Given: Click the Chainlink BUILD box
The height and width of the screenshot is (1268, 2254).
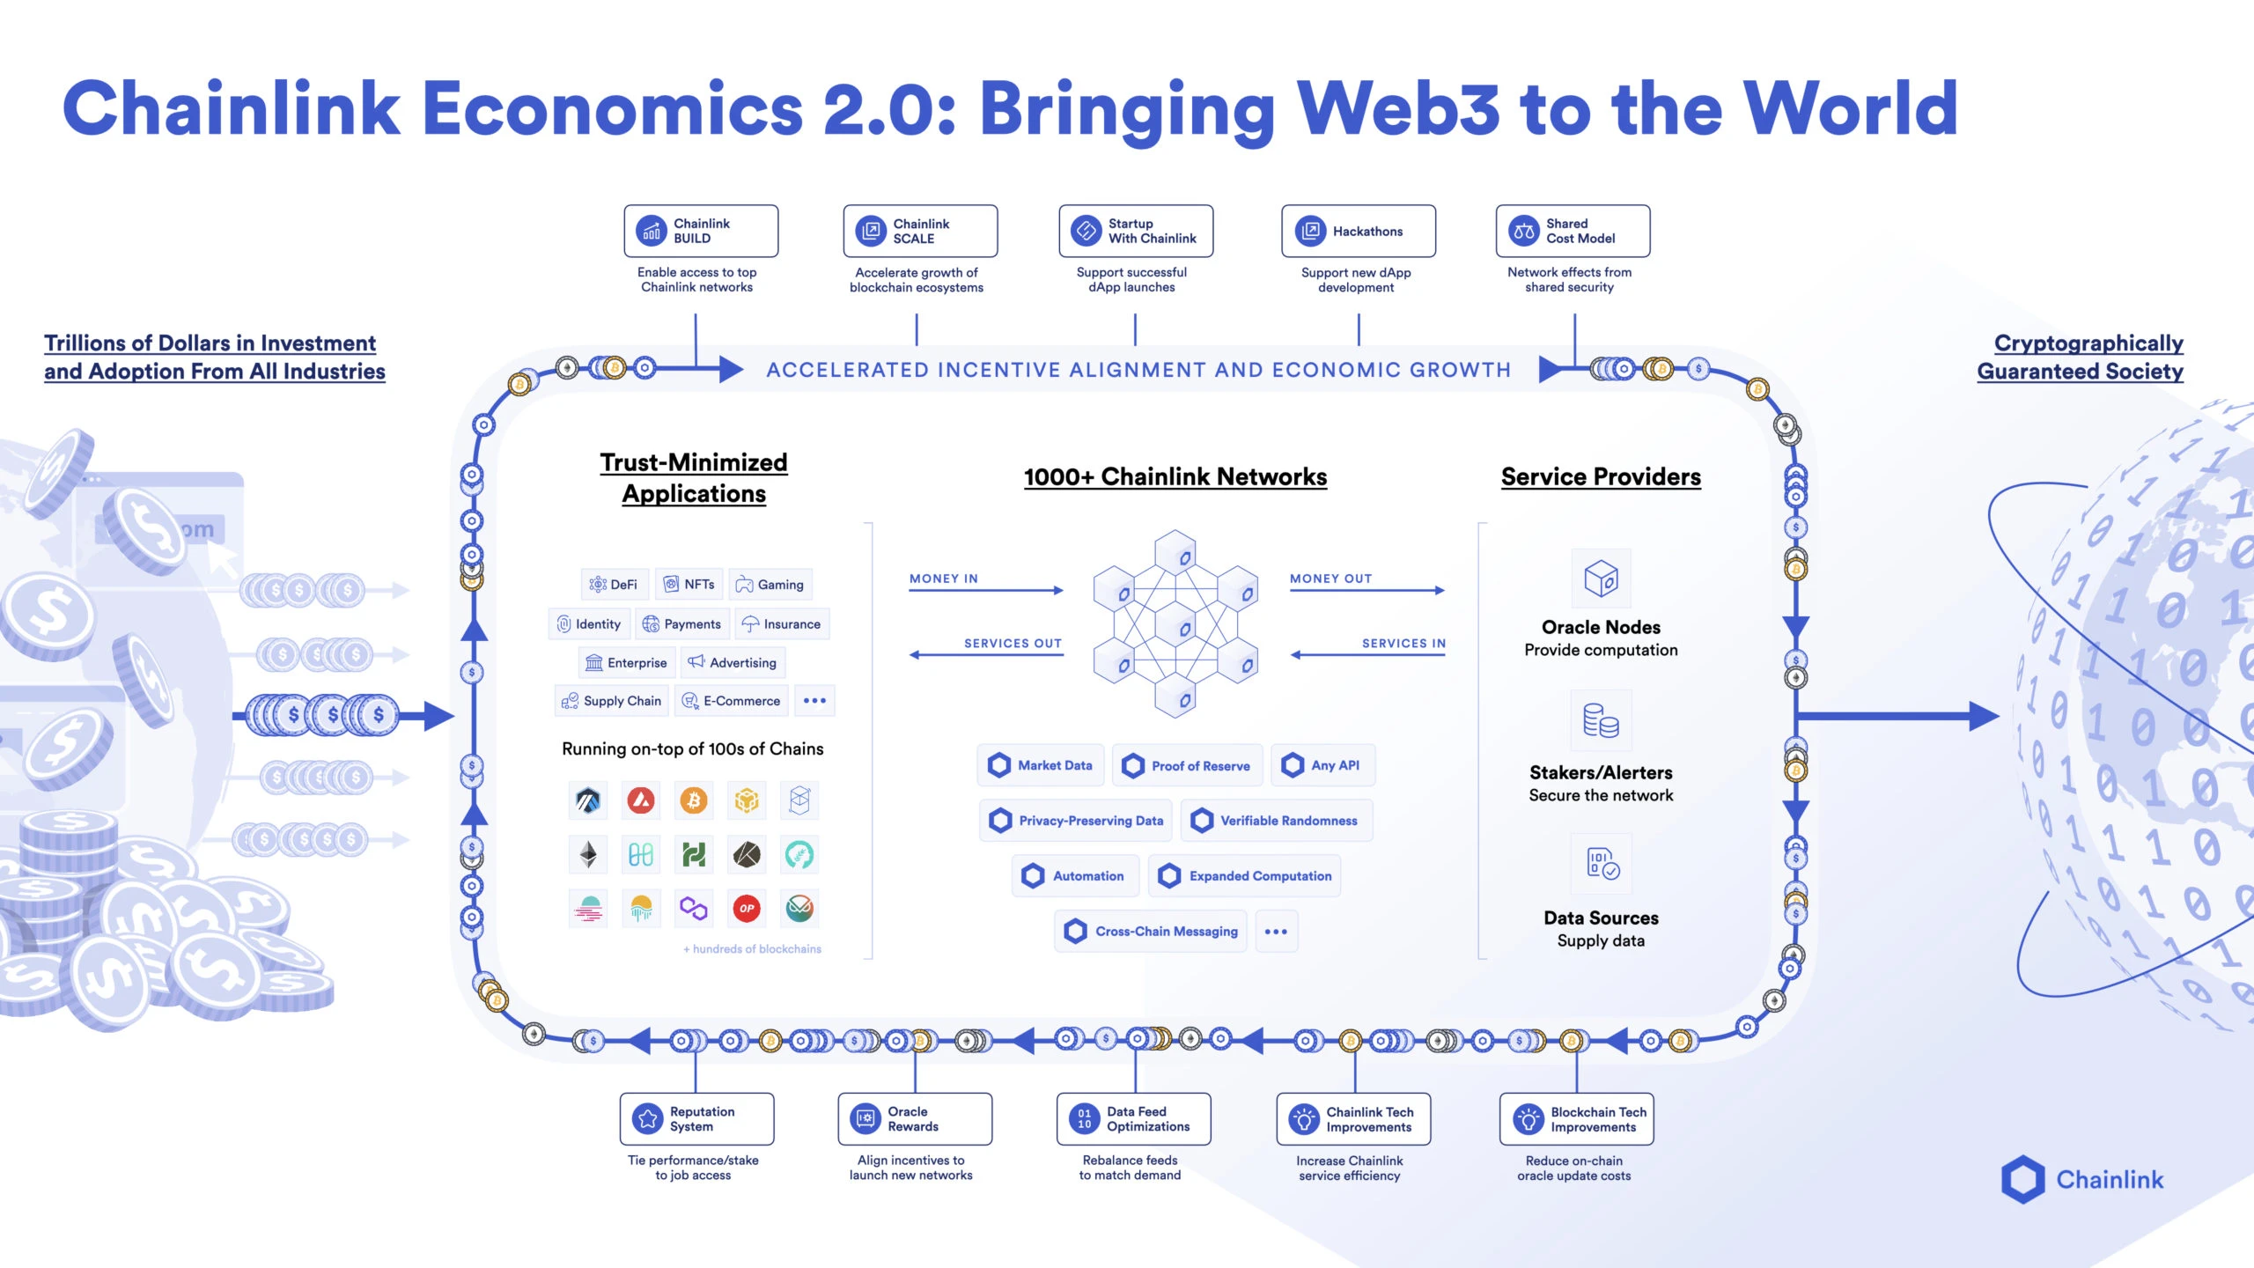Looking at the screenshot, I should coord(701,231).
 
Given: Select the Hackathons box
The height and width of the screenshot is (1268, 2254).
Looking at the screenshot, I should coord(1358,231).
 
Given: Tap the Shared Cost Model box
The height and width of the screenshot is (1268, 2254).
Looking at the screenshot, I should coord(1573,231).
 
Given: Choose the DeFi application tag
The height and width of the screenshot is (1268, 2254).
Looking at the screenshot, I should coord(615,584).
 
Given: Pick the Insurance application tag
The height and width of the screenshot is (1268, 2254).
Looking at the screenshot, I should coord(783,623).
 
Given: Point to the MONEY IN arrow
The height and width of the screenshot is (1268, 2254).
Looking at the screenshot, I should coord(986,590).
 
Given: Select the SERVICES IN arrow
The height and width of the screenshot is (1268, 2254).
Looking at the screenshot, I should coord(1368,654).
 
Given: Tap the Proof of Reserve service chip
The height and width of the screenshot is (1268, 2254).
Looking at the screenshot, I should coord(1187,765).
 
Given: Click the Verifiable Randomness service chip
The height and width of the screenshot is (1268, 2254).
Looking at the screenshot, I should coord(1277,821).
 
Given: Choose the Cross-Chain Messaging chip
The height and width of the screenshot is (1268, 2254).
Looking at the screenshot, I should coord(1151,931).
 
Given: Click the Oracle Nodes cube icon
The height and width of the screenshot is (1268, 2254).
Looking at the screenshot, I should coord(1601,579).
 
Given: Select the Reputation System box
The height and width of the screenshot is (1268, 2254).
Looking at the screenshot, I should coord(696,1118).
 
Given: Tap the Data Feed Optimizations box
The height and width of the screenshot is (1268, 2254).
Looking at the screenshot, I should coord(1133,1118).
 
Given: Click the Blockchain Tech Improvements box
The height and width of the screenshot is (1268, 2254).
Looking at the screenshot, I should coord(1576,1118).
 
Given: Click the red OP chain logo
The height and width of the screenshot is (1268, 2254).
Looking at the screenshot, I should coord(747,908).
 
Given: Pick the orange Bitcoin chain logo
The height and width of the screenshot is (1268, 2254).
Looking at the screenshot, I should coord(694,800).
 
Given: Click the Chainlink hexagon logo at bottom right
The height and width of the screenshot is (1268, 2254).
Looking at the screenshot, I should coord(2022,1179).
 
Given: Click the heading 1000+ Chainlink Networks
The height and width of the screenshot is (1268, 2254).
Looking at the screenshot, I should coord(1175,476).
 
